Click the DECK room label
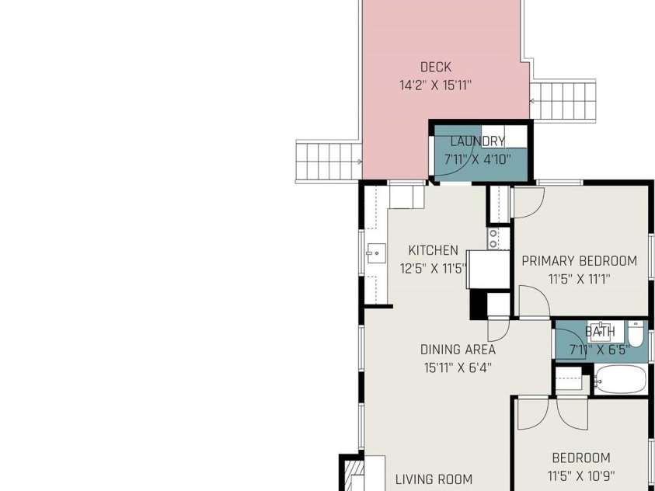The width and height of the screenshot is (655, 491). point(436,68)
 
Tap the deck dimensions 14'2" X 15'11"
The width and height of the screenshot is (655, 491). point(436,85)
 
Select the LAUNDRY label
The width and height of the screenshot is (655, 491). point(478,141)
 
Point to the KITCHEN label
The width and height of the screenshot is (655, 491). point(434,250)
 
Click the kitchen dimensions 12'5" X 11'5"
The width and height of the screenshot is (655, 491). point(434,269)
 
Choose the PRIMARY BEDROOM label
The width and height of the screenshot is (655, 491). point(580,261)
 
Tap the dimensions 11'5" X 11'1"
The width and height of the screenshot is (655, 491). point(580,279)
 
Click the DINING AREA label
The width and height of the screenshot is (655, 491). point(458,350)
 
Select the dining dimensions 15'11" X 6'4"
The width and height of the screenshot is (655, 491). point(458,367)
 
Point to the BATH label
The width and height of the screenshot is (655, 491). point(600,332)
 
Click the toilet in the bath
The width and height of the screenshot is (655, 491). point(636,334)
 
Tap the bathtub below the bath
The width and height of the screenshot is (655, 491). point(620,380)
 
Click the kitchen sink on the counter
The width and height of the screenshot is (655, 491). point(376,253)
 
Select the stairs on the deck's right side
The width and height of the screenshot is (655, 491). point(563,101)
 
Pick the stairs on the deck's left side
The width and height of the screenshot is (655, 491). point(329,162)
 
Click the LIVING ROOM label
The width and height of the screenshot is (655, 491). point(434,479)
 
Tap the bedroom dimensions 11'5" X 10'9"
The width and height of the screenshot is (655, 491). point(581,476)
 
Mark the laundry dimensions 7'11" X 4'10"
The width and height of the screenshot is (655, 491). point(478,159)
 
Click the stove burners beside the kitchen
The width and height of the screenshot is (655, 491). point(493,239)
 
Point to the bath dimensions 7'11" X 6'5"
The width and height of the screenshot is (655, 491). point(600,350)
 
